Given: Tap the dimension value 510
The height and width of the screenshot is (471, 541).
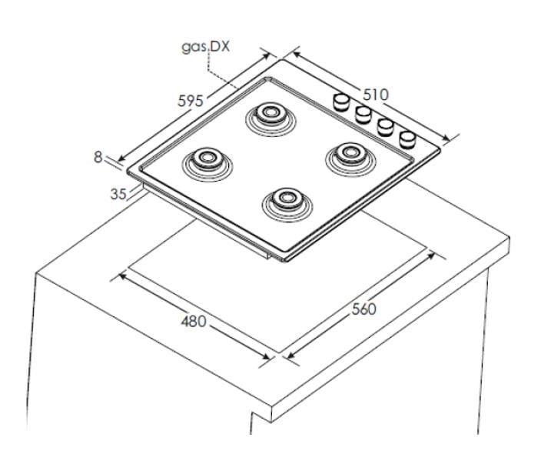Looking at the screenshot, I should (375, 95).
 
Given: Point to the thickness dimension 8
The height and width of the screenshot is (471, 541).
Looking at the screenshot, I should (98, 157).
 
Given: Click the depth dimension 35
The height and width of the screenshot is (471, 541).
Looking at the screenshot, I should (118, 194).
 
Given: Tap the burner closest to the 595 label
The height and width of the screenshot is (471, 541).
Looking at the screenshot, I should (268, 116).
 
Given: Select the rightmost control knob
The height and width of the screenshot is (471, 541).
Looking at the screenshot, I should (408, 139).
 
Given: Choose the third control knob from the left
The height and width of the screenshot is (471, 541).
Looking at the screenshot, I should (386, 126).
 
